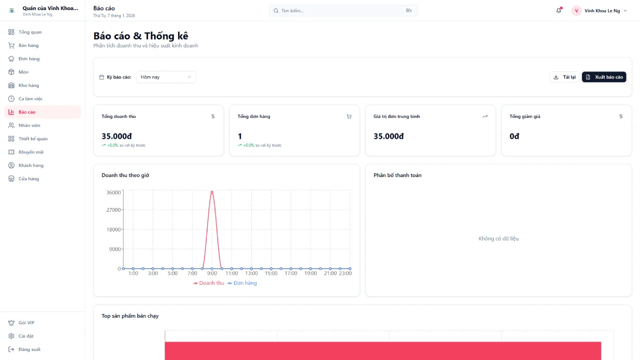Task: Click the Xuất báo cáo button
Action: pos(604,77)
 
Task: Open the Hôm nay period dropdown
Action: pos(166,77)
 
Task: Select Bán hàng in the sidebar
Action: pos(29,45)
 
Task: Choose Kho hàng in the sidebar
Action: pos(29,85)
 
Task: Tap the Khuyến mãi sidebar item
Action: pos(31,152)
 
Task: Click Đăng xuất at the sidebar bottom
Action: pos(29,349)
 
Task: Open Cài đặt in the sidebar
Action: pos(26,336)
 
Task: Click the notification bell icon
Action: pos(558,11)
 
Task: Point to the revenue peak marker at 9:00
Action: pos(212,192)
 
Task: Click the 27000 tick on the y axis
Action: pos(114,210)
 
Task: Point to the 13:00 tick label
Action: pos(251,274)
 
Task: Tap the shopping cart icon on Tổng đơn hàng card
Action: pos(349,116)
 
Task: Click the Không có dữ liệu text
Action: pos(498,238)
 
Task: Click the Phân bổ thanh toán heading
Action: pos(397,175)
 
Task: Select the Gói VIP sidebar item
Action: pos(26,323)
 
